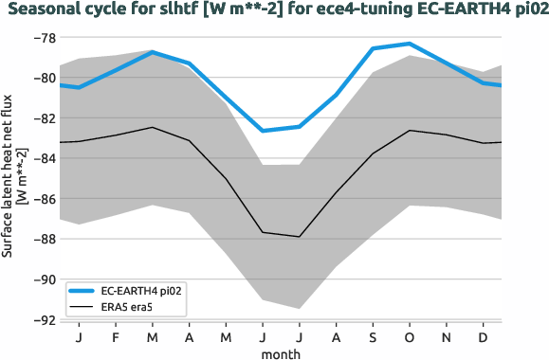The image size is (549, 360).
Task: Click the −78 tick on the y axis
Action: click(43, 38)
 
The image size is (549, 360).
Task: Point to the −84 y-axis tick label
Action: click(43, 159)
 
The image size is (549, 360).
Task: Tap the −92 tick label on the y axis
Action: click(43, 320)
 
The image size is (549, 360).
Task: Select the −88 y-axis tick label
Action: click(43, 240)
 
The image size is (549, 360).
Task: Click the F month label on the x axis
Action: click(115, 337)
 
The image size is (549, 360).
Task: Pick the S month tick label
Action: click(373, 337)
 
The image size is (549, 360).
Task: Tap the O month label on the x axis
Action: click(410, 337)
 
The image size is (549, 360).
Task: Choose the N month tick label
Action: click(447, 337)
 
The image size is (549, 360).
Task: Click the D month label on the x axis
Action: click(484, 337)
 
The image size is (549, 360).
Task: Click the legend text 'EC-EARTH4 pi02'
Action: click(140, 291)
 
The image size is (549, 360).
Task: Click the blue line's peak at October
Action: click(410, 44)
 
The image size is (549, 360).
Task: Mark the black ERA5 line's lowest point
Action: click(299, 237)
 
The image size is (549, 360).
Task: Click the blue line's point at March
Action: click(152, 52)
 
